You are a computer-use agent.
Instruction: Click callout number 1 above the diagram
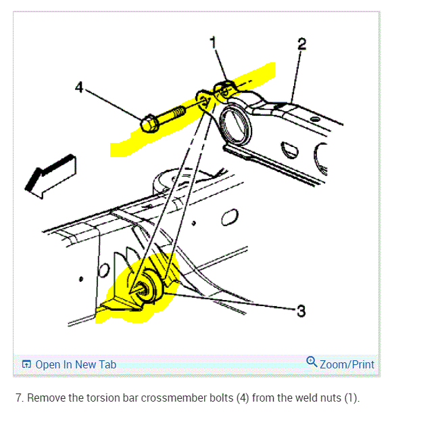click(214, 42)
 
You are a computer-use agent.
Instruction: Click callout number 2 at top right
click(301, 44)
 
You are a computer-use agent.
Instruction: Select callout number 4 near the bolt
click(79, 87)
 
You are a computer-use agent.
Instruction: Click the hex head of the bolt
click(150, 124)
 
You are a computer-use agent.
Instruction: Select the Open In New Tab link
click(76, 364)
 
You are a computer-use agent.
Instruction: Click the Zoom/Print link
click(347, 364)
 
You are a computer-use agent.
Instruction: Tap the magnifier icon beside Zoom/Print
click(312, 362)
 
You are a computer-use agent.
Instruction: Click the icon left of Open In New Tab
click(26, 364)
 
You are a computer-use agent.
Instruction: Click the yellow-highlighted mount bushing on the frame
click(145, 288)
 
